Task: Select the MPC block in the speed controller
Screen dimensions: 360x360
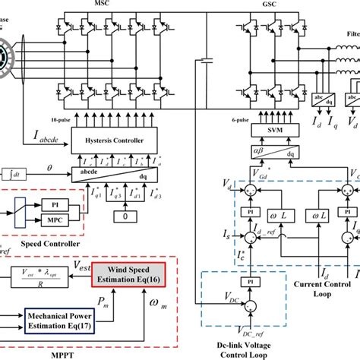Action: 54,217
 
